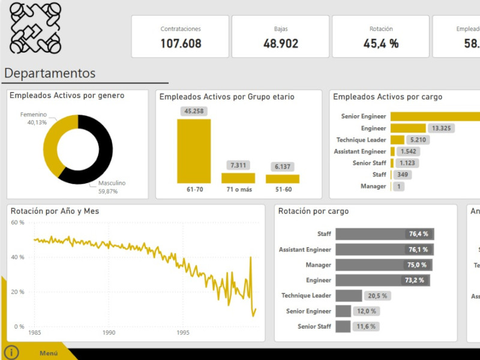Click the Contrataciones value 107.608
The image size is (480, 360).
[x=181, y=43]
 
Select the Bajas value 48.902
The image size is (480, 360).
[x=280, y=43]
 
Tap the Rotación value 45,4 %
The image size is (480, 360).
[x=381, y=43]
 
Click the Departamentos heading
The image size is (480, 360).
[x=50, y=73]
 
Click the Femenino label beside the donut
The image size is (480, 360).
[x=34, y=114]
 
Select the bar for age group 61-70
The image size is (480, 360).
[x=194, y=151]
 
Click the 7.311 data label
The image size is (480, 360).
[x=238, y=165]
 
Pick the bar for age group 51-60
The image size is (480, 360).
[x=283, y=179]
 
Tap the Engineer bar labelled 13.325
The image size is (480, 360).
[x=408, y=128]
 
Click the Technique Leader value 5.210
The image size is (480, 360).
[x=418, y=140]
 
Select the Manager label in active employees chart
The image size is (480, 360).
[x=373, y=187]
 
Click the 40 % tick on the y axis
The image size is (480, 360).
[x=17, y=257]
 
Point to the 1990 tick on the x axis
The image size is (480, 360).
[x=109, y=333]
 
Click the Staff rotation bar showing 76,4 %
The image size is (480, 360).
[x=384, y=234]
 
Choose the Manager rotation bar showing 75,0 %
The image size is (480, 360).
[x=383, y=265]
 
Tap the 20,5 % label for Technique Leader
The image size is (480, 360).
[x=377, y=296]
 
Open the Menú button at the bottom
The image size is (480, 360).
[x=49, y=353]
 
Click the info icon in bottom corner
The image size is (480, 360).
[x=11, y=353]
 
